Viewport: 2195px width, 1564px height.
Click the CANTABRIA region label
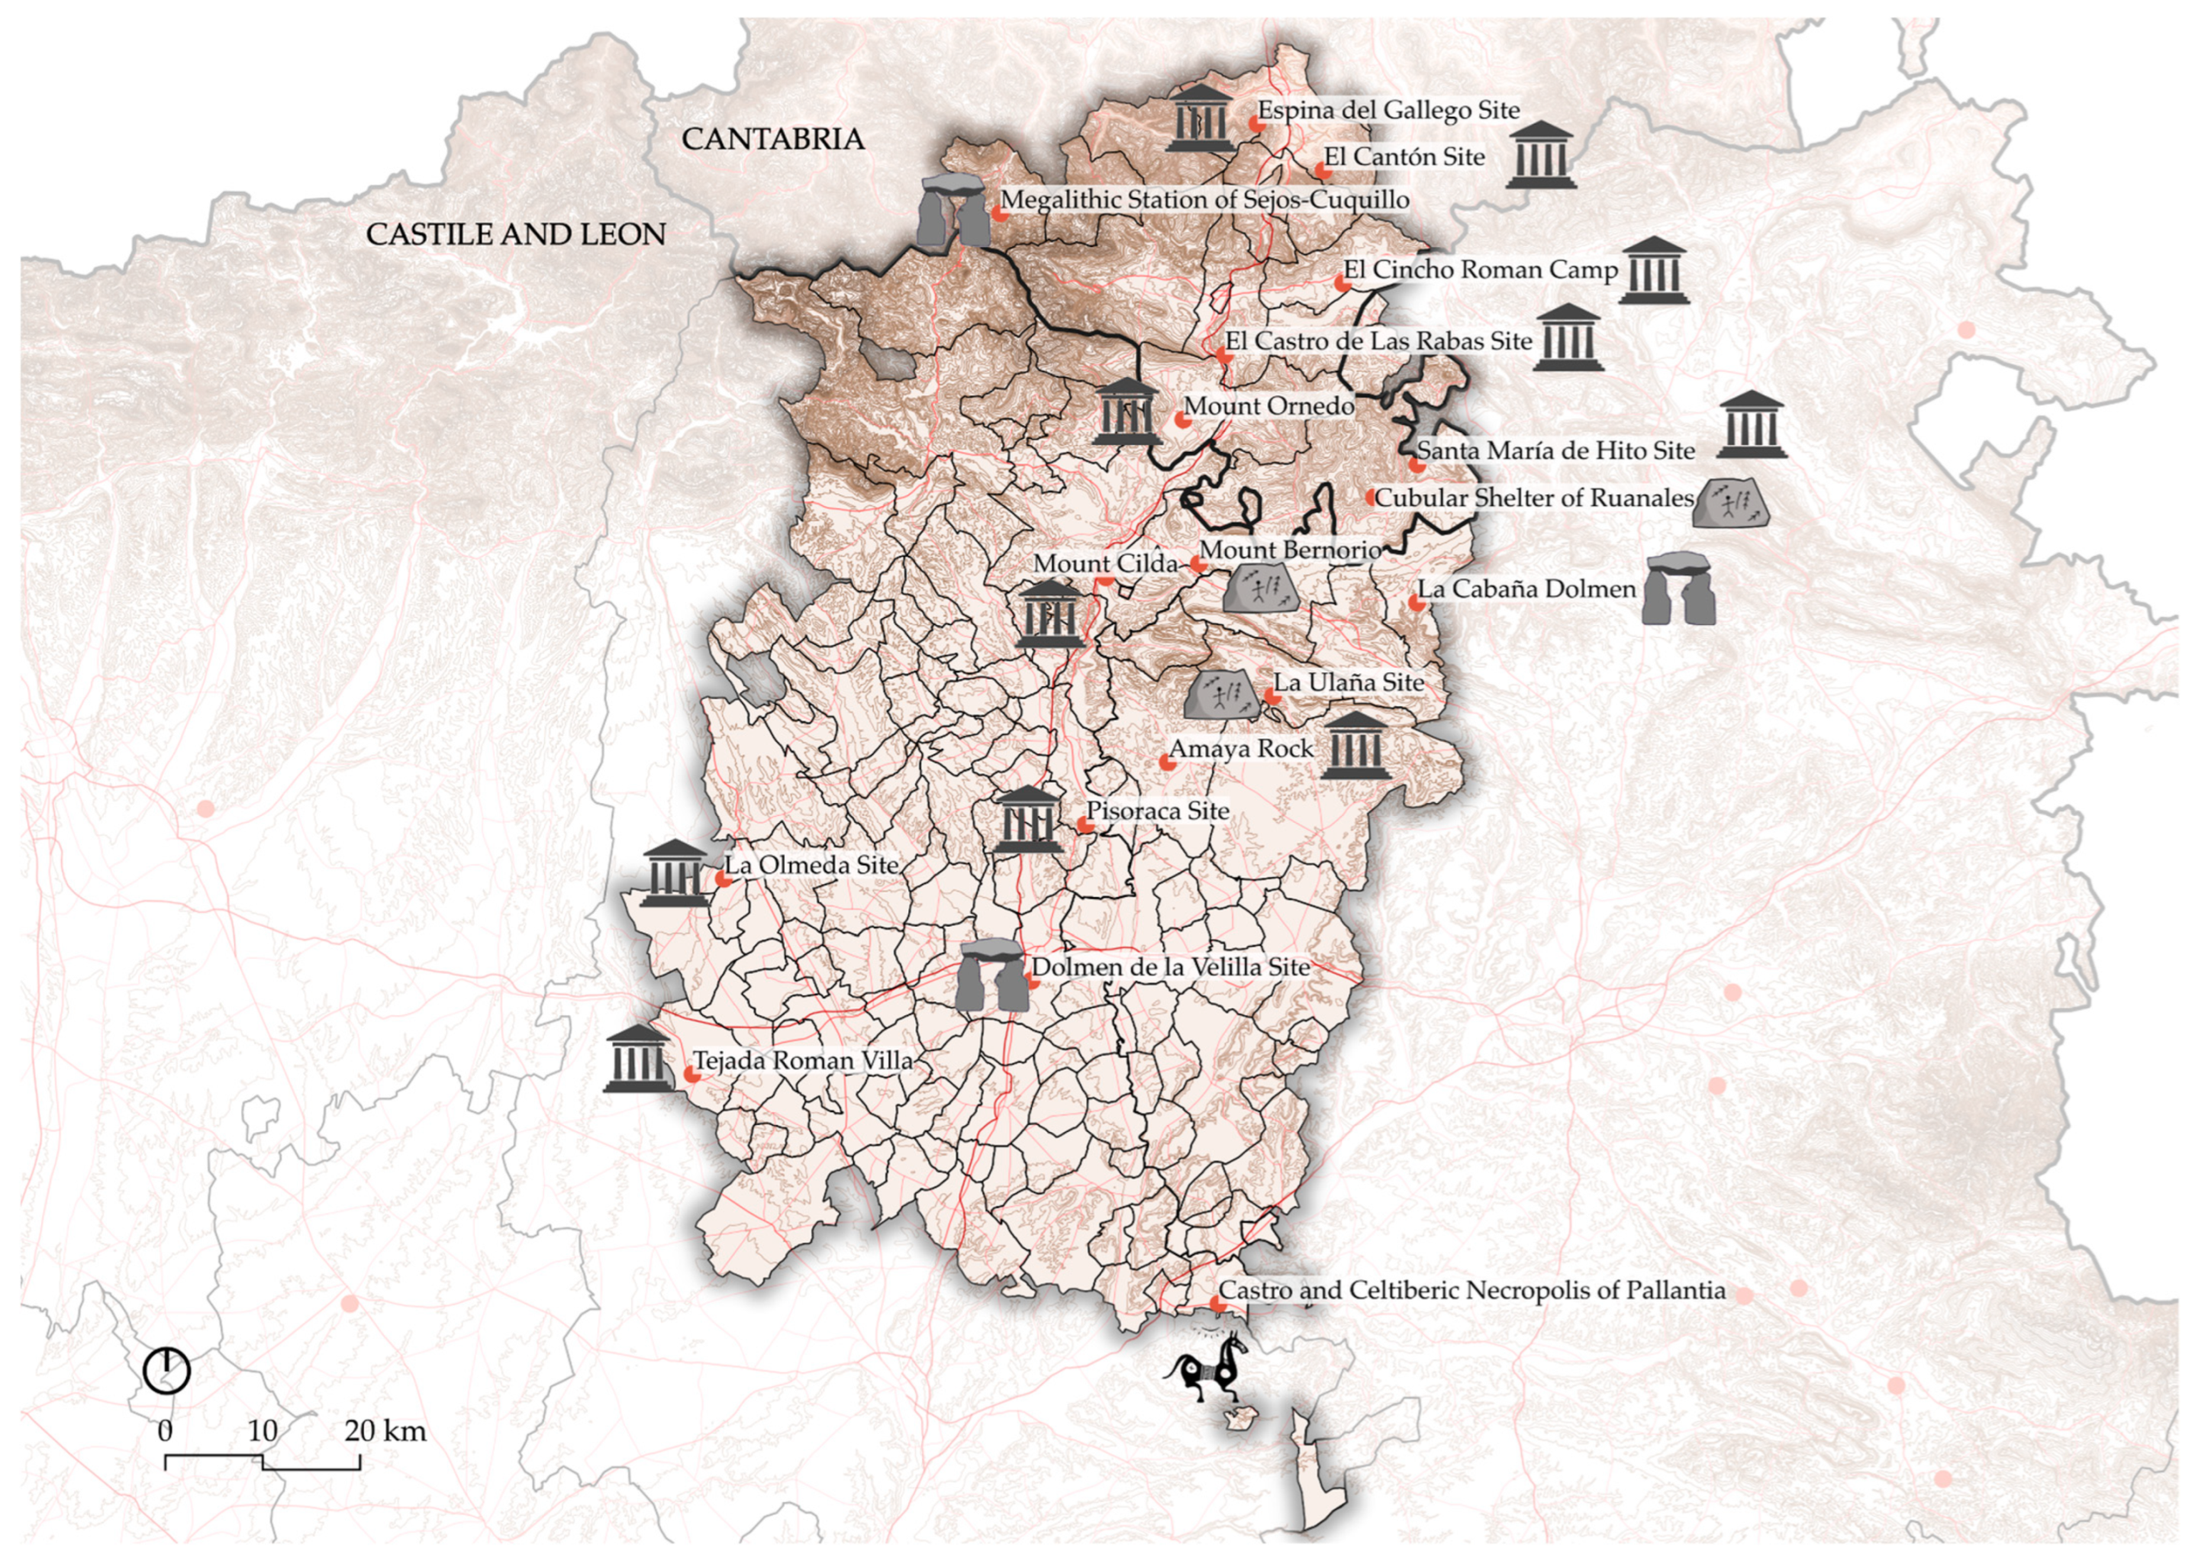772,140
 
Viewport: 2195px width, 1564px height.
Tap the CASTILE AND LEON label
515,234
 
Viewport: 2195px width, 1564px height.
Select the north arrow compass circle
166,1370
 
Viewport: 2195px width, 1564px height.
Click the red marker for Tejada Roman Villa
691,1074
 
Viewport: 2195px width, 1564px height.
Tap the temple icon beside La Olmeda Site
674,873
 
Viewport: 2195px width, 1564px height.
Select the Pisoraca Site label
1157,811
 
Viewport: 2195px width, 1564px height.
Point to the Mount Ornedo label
1268,406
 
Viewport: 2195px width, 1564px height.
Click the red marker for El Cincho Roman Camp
1340,282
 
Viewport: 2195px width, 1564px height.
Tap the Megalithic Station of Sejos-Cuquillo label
1204,200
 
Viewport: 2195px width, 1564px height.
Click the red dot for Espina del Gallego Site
1255,123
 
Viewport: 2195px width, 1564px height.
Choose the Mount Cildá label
1105,563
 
